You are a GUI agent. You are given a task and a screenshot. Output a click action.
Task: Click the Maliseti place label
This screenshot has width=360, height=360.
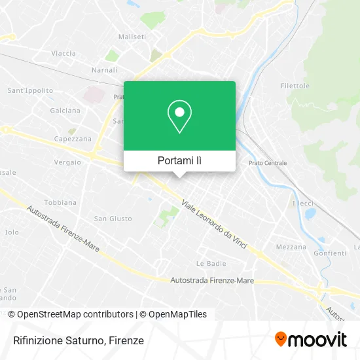(132, 37)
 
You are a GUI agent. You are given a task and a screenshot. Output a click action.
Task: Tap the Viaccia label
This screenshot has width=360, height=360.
(63, 53)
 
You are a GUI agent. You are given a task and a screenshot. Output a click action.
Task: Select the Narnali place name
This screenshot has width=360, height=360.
(104, 69)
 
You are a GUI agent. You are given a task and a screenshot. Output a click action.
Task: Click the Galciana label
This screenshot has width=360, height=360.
(65, 111)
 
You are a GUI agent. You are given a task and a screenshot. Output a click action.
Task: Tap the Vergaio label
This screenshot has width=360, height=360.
(67, 162)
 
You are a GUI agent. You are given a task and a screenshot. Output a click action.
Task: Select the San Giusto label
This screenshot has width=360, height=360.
(113, 219)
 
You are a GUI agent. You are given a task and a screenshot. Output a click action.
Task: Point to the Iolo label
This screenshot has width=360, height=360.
(12, 232)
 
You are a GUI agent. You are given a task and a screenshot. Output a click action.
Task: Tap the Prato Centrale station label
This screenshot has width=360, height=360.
(268, 163)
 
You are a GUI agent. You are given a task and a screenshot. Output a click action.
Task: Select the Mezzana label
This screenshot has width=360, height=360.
(291, 247)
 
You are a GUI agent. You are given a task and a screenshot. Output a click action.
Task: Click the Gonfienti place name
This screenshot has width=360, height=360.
(330, 253)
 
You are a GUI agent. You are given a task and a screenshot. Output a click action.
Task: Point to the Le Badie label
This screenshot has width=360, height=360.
(211, 263)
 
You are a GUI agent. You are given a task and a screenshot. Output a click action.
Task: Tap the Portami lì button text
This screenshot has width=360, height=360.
(179, 160)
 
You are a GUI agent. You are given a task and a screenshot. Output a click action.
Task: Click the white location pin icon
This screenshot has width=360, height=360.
(179, 116)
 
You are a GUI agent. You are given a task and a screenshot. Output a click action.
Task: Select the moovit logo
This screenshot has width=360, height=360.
(310, 340)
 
